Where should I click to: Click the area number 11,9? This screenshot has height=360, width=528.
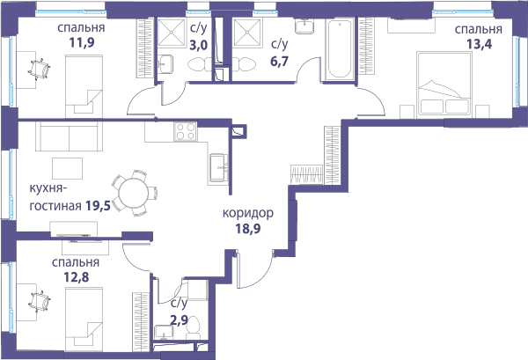(x=82, y=43)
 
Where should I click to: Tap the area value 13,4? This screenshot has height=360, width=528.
(x=479, y=44)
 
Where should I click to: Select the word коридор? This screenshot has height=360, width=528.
(x=248, y=213)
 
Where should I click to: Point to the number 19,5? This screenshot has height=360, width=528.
(x=98, y=205)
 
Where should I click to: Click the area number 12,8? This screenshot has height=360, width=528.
(x=77, y=277)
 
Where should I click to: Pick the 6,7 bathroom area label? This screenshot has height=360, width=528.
(x=280, y=62)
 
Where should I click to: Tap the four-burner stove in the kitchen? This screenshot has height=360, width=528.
(x=186, y=132)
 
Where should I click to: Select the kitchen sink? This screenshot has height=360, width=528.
(x=218, y=168)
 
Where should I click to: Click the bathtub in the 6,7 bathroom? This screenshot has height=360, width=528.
(x=340, y=48)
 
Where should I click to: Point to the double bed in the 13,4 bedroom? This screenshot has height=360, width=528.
(x=444, y=84)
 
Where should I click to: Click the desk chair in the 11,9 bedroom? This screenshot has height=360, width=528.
(x=40, y=70)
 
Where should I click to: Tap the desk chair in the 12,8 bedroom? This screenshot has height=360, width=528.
(x=40, y=301)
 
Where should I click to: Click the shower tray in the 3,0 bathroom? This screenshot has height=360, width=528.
(x=172, y=33)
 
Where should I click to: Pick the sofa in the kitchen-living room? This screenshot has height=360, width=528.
(x=69, y=136)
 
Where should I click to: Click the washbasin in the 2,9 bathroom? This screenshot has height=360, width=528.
(x=164, y=333)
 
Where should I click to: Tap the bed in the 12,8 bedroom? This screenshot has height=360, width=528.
(x=84, y=320)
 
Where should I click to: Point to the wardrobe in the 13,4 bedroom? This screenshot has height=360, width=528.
(x=367, y=46)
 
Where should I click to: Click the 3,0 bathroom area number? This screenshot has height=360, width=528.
(x=199, y=45)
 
